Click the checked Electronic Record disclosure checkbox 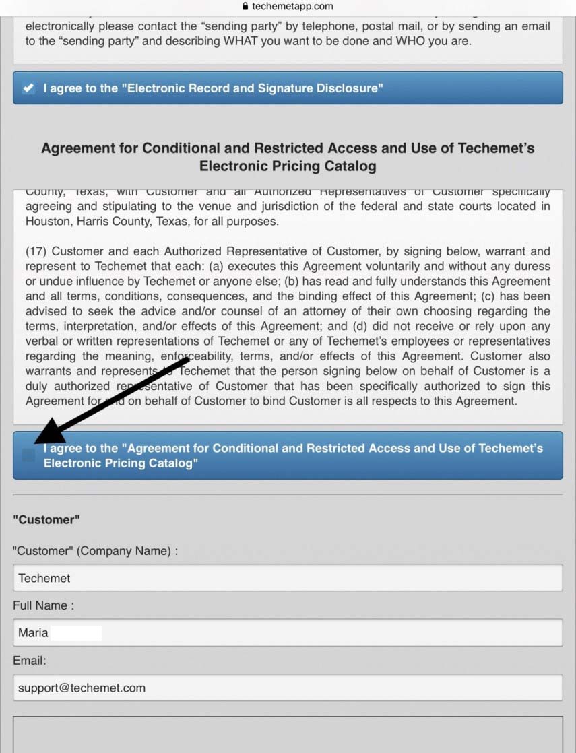[28, 88]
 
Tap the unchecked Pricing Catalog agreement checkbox [28, 455]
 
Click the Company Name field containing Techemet [288, 578]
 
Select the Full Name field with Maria [288, 633]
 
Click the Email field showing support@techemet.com [288, 688]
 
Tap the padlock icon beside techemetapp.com [245, 6]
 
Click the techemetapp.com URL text [292, 6]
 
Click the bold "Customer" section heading [46, 519]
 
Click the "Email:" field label [29, 661]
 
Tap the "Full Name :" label [43, 605]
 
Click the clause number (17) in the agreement [36, 252]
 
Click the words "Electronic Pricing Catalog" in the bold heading [288, 166]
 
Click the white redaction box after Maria [76, 633]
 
